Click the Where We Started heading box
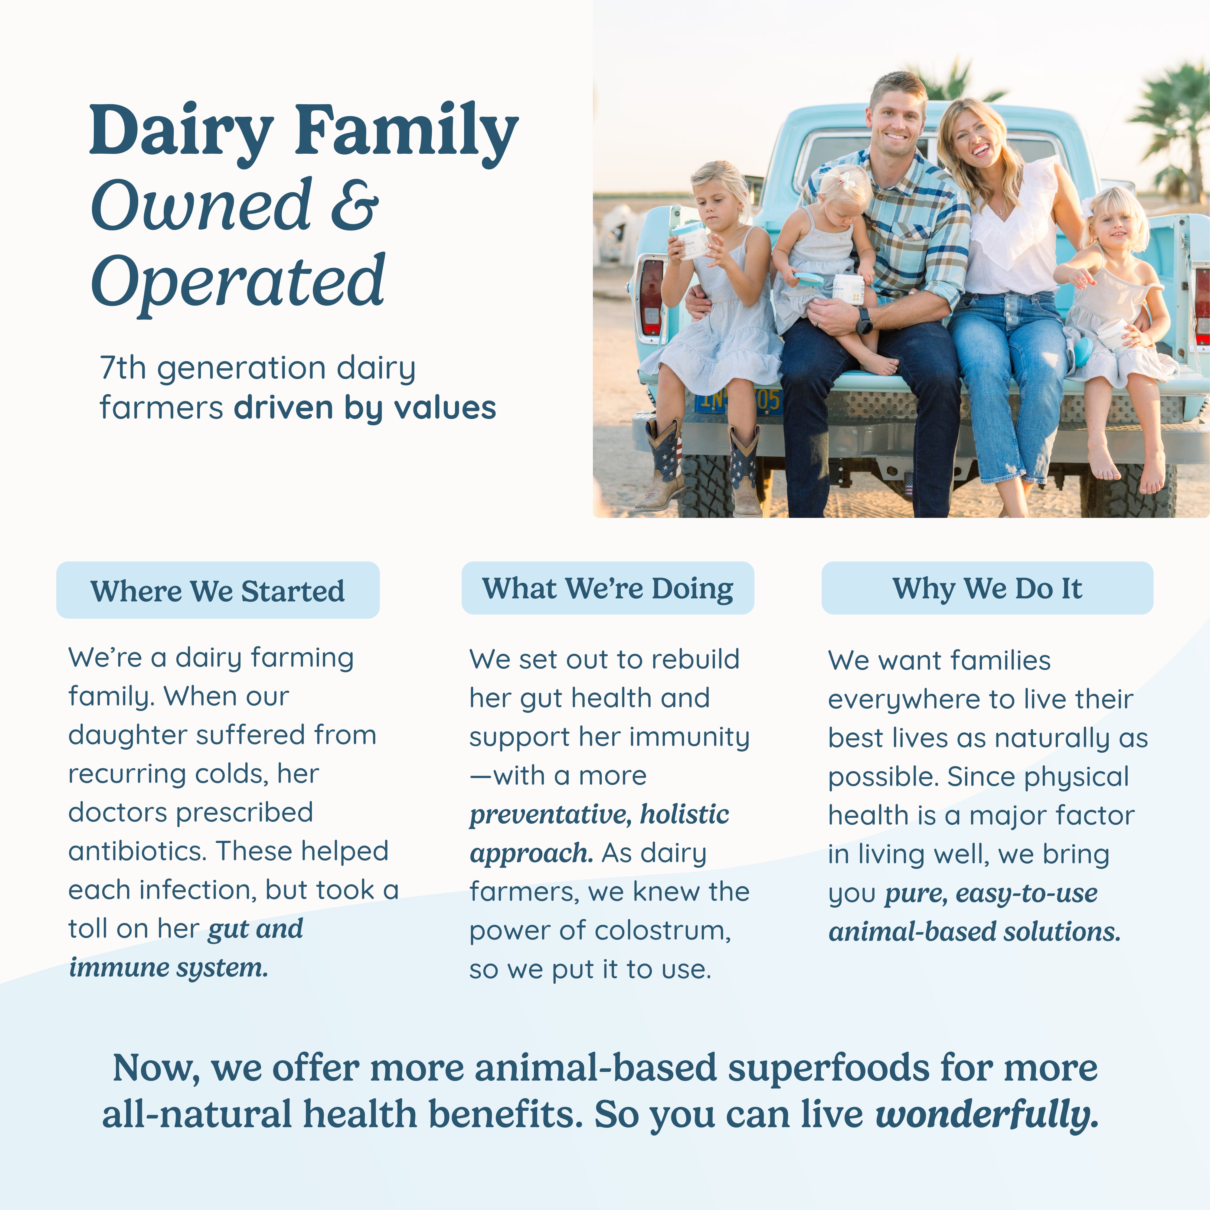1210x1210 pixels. pyautogui.click(x=218, y=590)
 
